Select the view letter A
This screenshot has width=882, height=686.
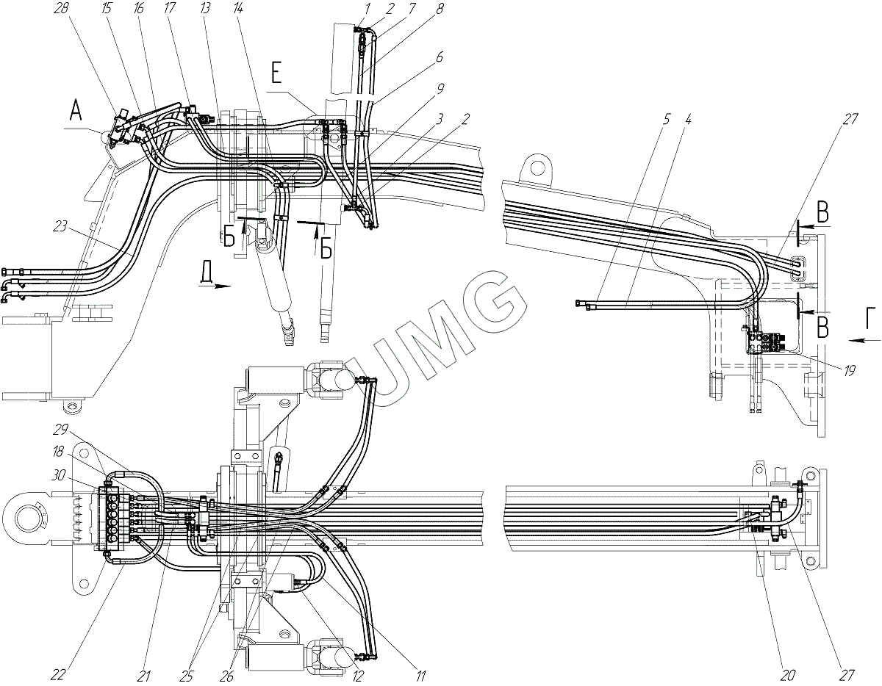click(76, 112)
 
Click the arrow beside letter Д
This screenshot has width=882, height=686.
click(215, 288)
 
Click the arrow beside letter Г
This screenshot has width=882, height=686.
click(859, 339)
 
